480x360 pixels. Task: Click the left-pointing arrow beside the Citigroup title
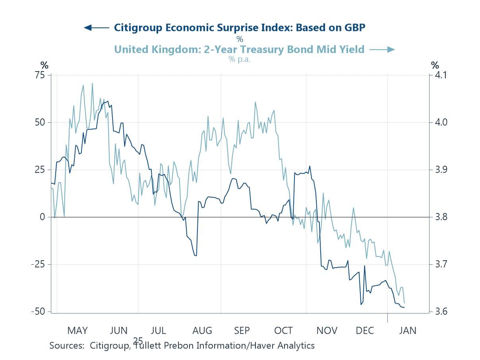(x=96, y=27)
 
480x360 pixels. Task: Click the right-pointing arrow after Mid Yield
(x=382, y=49)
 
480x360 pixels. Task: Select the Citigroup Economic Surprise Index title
(x=240, y=27)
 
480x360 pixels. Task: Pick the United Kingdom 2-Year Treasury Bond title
(x=239, y=49)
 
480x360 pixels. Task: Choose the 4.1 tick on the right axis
(x=439, y=75)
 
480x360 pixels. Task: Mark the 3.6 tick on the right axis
(x=439, y=311)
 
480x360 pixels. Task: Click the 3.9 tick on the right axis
(x=439, y=170)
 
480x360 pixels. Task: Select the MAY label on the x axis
(x=77, y=331)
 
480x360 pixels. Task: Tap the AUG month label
(x=202, y=331)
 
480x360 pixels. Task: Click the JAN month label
(x=407, y=331)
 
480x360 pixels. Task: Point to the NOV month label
(x=327, y=331)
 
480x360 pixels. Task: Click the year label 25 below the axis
(x=138, y=341)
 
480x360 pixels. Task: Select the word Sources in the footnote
(x=66, y=345)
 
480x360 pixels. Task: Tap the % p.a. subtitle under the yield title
(x=239, y=59)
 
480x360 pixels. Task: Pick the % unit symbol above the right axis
(x=435, y=65)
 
